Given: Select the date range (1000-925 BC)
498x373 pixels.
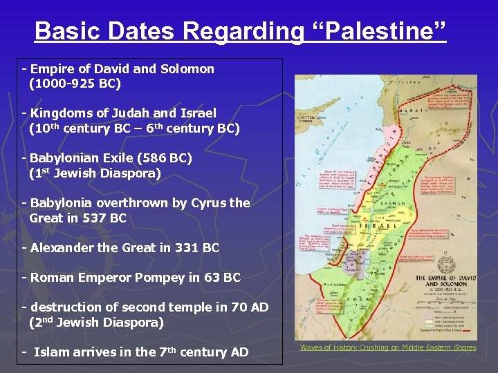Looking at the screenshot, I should click(75, 84).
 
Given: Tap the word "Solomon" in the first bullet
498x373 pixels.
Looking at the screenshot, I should click(189, 69).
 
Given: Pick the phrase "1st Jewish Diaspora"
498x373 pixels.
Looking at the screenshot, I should click(95, 173).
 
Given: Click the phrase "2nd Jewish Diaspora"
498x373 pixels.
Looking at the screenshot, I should click(97, 323).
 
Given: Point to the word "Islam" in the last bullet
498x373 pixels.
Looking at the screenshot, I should click(52, 352).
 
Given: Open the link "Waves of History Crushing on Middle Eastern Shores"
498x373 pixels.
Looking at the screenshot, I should click(388, 347).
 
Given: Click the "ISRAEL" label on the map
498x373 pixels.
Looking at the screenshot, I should click(370, 226).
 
